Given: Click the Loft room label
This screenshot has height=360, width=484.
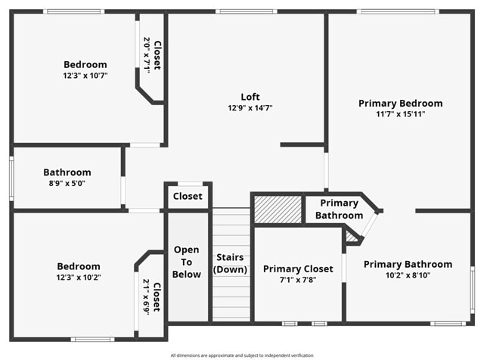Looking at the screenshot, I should coord(250,97).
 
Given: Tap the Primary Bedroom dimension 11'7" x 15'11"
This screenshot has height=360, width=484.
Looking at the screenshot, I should coord(400,114).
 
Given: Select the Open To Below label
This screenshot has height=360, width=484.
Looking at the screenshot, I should coord(187,262).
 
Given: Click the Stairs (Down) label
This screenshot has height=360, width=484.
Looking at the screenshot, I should coord(230,263).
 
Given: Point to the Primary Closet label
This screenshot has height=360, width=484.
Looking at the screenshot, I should coord(298,268).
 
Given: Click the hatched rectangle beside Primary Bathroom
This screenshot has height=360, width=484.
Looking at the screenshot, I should coord(277,209).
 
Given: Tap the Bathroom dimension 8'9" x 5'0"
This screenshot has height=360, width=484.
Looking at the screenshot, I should coord(67,183).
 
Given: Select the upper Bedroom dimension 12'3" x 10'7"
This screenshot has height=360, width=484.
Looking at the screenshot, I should coord(85,76).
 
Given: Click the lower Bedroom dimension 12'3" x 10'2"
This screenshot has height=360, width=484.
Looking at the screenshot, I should coord(79,278).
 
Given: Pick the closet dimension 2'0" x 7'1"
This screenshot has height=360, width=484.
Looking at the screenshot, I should coord(147,55).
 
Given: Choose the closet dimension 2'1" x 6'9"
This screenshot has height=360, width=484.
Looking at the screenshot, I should coord(146,296).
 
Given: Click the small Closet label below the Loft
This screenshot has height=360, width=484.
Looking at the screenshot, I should coord(188,196).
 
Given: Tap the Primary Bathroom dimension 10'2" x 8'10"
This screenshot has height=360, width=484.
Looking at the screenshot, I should coord(408,275).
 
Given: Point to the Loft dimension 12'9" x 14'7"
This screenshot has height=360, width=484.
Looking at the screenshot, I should coord(250,108).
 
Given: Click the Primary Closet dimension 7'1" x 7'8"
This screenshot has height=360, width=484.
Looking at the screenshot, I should coord(298,280).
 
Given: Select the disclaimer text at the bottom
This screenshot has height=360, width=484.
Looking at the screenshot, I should coord(242,355).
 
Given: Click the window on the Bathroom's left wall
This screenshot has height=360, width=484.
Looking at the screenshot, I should coord(11,178).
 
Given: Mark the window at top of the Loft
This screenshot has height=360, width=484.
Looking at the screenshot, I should coord(246,11).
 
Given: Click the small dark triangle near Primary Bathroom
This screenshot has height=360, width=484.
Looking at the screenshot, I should coord(351,237).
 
